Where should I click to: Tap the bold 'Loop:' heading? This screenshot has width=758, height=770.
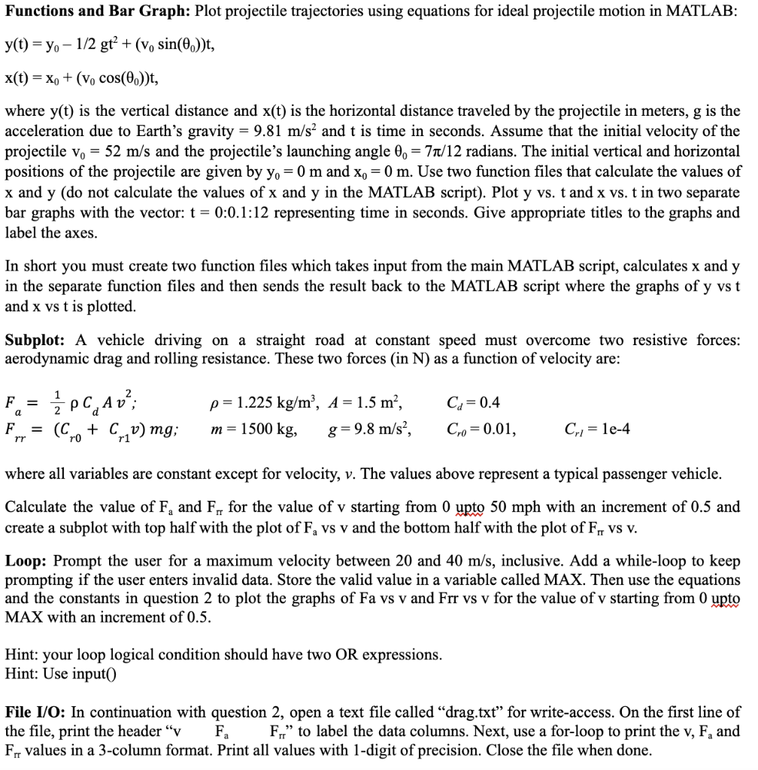click(x=26, y=561)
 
